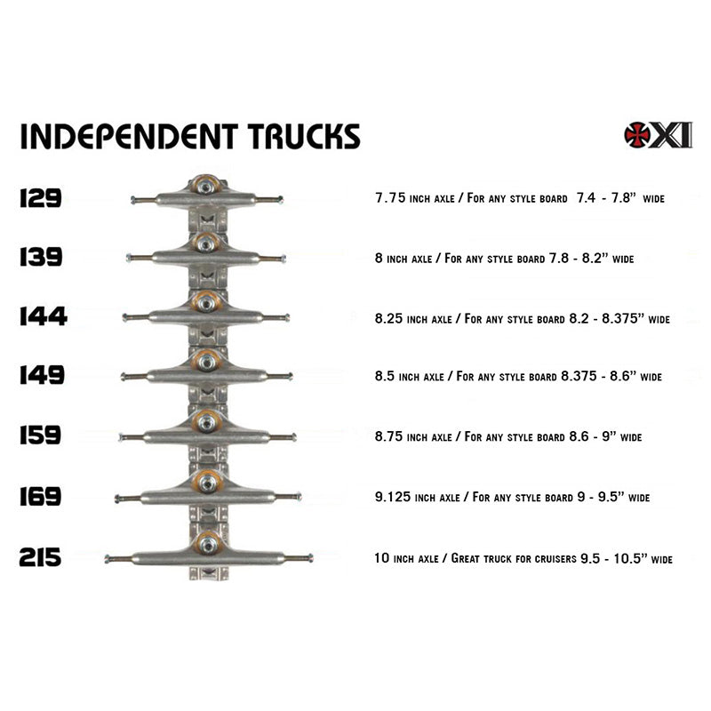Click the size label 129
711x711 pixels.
tap(40, 197)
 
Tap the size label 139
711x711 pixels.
tap(40, 257)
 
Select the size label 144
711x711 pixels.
tap(43, 316)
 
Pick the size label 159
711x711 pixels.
tap(41, 435)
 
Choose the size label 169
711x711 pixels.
tap(40, 497)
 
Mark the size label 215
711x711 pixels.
tap(40, 557)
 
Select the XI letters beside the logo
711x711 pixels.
tap(673, 134)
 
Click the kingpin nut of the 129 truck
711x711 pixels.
tap(206, 186)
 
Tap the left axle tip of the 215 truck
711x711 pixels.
tap(108, 559)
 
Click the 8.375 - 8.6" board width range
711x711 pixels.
tap(603, 377)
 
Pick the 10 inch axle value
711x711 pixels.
tap(382, 559)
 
